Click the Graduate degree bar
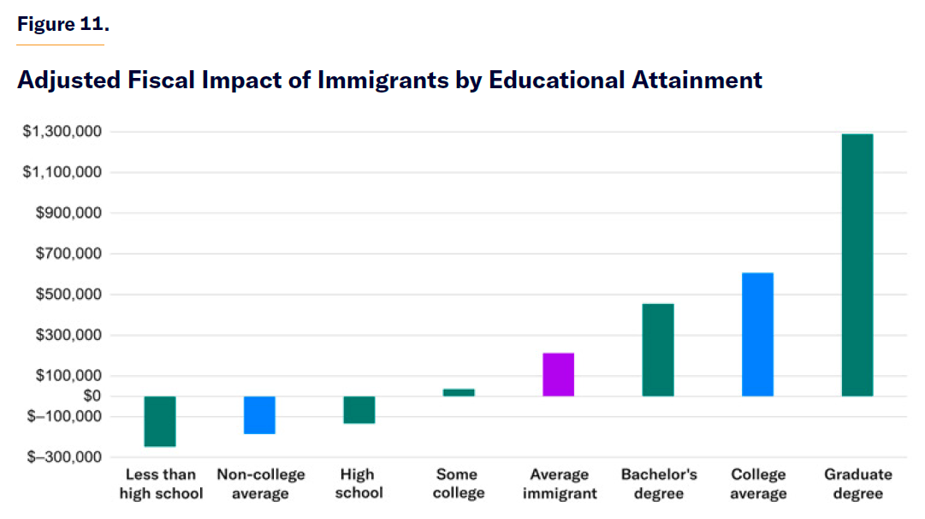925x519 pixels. click(x=857, y=265)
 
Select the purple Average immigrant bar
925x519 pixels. click(x=558, y=374)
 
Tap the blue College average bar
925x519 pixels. click(x=758, y=334)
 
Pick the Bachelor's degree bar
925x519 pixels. click(x=658, y=349)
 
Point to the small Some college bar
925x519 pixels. click(x=459, y=392)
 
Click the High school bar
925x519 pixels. click(x=359, y=409)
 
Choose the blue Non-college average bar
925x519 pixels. click(x=259, y=415)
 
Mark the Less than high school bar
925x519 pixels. click(x=160, y=421)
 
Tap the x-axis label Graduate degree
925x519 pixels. click(x=857, y=484)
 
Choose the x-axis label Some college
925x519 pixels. click(x=459, y=484)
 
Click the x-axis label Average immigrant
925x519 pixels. click(x=559, y=484)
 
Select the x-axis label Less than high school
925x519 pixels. click(x=161, y=484)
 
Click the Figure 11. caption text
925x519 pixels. click(x=62, y=24)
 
